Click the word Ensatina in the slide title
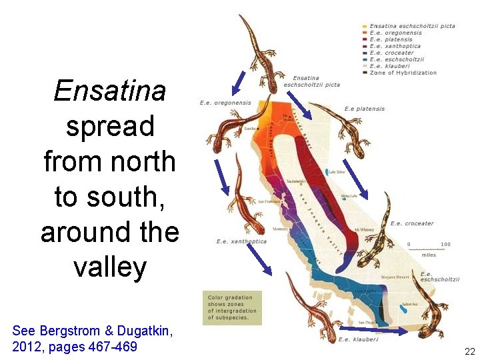(109, 91)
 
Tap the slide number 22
(469, 351)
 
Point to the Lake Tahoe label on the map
(337, 171)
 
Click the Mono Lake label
(349, 196)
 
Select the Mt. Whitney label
(364, 229)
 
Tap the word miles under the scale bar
(428, 254)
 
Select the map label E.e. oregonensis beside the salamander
(225, 103)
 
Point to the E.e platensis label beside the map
(364, 109)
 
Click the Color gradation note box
(232, 307)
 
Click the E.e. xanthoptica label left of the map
(241, 241)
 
